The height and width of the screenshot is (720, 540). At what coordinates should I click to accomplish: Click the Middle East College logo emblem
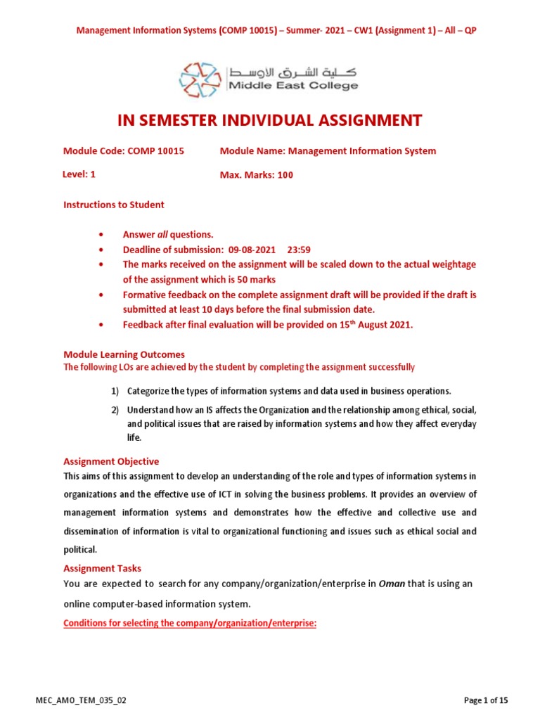click(200, 79)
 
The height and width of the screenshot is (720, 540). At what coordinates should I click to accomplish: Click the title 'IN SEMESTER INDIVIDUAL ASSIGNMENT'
click(269, 121)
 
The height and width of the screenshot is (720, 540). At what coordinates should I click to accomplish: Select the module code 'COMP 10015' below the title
click(157, 150)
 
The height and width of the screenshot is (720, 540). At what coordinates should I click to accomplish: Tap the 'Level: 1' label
click(79, 174)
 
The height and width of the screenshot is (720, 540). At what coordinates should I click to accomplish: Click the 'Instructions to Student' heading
click(114, 205)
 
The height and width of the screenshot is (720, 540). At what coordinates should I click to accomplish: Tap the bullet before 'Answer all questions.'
click(103, 234)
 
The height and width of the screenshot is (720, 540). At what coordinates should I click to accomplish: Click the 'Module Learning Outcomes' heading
click(124, 355)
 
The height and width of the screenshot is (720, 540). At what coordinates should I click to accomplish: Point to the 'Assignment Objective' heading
click(111, 461)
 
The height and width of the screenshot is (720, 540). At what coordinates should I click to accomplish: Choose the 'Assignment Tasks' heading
click(102, 568)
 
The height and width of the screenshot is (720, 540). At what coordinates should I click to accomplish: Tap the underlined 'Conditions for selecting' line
click(190, 623)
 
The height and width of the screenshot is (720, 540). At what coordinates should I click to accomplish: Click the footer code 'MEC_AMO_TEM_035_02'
click(81, 700)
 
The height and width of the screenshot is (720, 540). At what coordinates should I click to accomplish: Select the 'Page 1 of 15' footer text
click(486, 700)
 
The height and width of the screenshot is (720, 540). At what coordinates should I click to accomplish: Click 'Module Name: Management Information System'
click(328, 150)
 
